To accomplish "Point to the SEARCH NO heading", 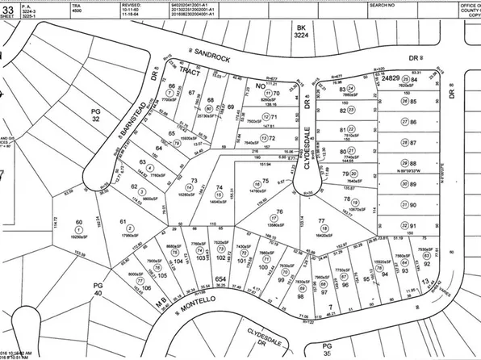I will pos(383,3).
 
